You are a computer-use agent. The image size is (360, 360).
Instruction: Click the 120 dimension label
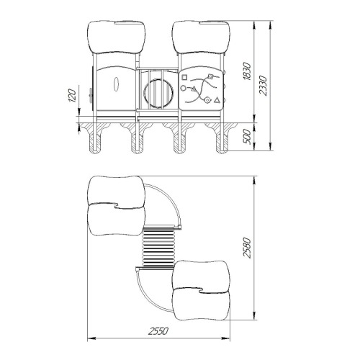(x=73, y=95)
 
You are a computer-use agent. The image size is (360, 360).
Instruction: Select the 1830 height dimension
(x=247, y=71)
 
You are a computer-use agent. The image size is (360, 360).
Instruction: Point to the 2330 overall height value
(x=263, y=86)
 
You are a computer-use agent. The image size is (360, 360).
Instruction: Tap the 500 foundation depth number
(x=247, y=137)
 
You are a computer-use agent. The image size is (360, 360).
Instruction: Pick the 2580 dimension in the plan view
(x=247, y=248)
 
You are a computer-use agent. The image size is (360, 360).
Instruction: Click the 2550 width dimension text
(x=158, y=331)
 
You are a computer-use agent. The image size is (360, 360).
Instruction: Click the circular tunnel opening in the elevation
(x=158, y=94)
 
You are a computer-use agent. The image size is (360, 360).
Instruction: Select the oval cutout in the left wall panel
(x=116, y=84)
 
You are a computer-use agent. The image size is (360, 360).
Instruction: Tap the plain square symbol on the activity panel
(x=184, y=77)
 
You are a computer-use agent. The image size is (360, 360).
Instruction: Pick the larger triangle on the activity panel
(x=217, y=100)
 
